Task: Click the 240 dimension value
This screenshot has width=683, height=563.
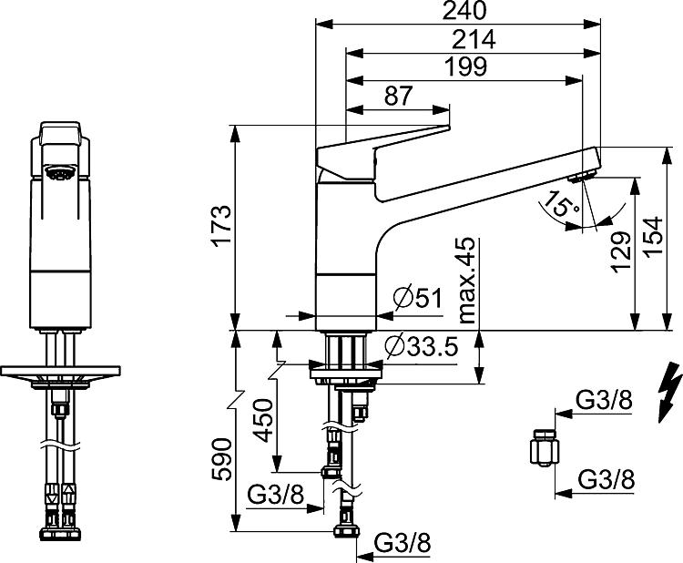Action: (x=464, y=11)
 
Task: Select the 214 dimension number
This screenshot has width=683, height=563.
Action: (x=474, y=40)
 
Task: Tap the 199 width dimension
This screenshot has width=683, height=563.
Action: (x=465, y=67)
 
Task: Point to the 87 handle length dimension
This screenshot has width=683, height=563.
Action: (x=398, y=96)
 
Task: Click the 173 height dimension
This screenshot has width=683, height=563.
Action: (x=221, y=226)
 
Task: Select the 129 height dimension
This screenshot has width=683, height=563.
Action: (x=621, y=251)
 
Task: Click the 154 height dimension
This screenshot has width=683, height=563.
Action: (x=652, y=237)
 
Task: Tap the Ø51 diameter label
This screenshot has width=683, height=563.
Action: (x=417, y=298)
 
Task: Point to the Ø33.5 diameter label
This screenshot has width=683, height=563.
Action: (x=422, y=346)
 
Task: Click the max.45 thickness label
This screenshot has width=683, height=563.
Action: (x=468, y=281)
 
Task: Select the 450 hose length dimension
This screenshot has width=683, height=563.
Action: (x=263, y=421)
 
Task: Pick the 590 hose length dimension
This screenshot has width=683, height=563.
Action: (x=221, y=459)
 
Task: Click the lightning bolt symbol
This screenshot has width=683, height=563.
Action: (x=670, y=392)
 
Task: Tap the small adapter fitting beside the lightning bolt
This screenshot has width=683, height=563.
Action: (x=545, y=448)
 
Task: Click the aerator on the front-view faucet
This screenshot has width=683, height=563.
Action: (x=60, y=172)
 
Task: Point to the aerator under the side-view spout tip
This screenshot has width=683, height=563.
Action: (x=582, y=176)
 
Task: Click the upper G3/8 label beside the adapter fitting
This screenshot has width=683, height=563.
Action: (x=604, y=400)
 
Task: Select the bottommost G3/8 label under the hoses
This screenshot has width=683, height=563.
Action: (x=403, y=543)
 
